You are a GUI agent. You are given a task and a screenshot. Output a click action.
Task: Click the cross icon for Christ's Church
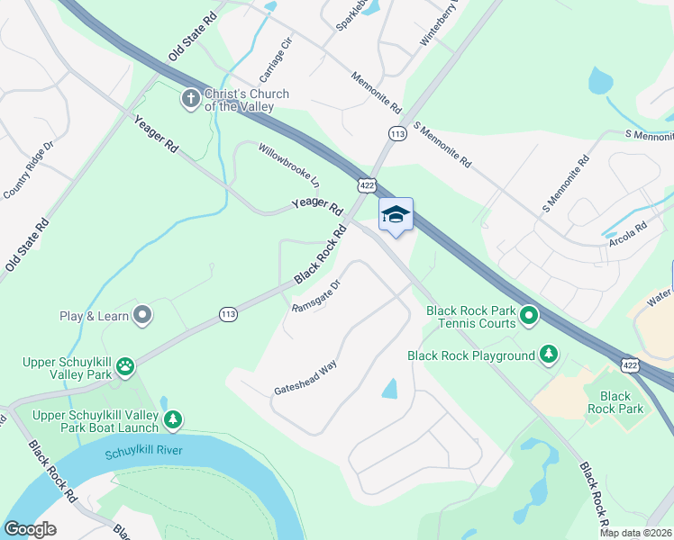[x=190, y=98]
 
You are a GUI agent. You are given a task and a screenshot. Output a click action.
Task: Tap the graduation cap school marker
[x=396, y=214]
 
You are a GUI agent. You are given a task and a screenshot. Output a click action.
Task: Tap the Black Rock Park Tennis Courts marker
[x=529, y=315]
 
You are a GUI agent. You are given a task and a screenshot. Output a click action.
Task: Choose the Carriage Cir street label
[x=277, y=57]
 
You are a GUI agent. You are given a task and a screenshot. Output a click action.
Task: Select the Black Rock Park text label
[x=615, y=402]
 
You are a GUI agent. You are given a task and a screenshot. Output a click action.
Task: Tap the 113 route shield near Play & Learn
[x=229, y=313]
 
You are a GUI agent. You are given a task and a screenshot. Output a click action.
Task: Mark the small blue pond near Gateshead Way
[x=389, y=389]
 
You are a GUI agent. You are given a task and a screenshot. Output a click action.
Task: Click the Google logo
[x=31, y=529]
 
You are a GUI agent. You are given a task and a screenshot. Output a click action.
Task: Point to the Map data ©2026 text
[x=634, y=533]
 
